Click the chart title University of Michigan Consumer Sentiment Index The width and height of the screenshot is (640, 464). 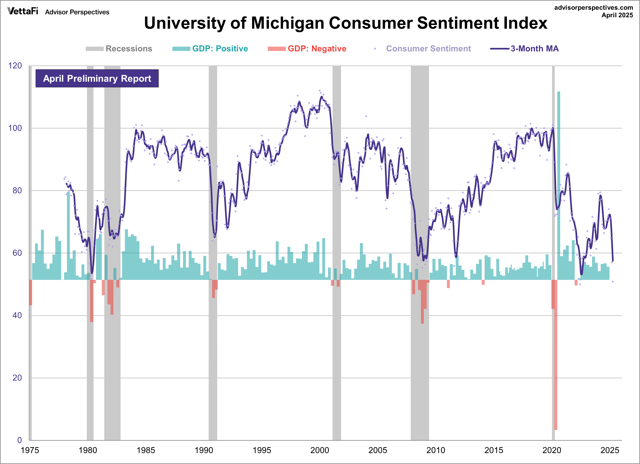click(x=345, y=23)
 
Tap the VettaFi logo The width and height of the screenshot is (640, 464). click(x=23, y=11)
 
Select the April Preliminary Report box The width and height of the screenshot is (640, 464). click(x=97, y=78)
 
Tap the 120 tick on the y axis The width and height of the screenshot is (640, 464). click(x=15, y=66)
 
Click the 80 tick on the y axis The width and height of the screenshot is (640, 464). click(x=17, y=191)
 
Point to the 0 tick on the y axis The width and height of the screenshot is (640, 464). click(x=19, y=440)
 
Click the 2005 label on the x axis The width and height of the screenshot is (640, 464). click(x=378, y=450)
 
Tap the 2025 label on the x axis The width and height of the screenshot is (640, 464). click(x=609, y=450)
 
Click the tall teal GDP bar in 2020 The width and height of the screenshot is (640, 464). click(x=559, y=183)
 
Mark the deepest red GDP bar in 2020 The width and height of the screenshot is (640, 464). click(x=556, y=355)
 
